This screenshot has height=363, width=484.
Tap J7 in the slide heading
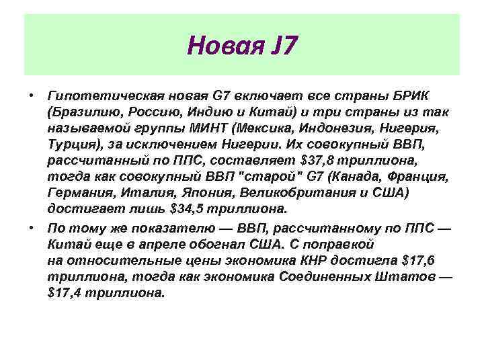[279, 46]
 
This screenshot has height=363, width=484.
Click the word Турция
[71, 143]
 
